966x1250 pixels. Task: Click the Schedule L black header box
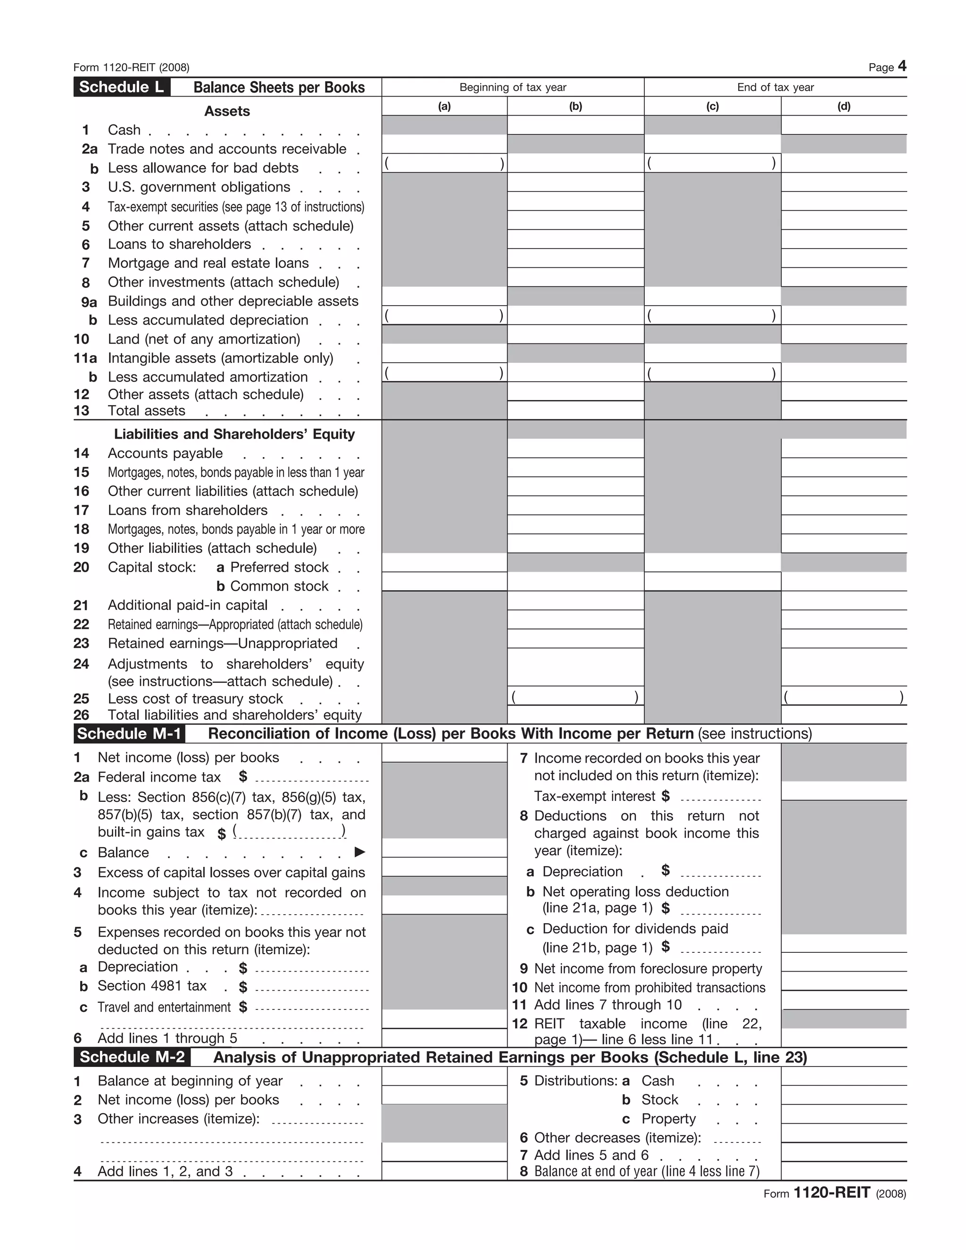[121, 87]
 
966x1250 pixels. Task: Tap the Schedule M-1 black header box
[129, 734]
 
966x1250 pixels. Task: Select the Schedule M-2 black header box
[132, 1057]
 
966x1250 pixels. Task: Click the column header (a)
[444, 106]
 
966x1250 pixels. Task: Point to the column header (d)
[843, 106]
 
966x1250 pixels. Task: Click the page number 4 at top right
[902, 66]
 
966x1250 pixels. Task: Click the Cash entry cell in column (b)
[575, 125]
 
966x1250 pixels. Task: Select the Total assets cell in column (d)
[843, 410]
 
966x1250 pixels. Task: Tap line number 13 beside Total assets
[82, 411]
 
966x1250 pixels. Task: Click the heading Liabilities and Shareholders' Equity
[234, 434]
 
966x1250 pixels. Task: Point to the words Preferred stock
[279, 567]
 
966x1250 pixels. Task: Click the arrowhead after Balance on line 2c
[359, 852]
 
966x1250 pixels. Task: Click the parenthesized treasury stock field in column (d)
[843, 697]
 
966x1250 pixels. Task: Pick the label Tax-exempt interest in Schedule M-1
[595, 796]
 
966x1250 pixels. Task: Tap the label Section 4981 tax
[152, 985]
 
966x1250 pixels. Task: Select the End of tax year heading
[775, 87]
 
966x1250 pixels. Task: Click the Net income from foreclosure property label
[647, 968]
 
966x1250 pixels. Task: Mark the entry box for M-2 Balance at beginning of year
[444, 1076]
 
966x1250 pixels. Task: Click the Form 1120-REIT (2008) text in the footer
[834, 1193]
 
